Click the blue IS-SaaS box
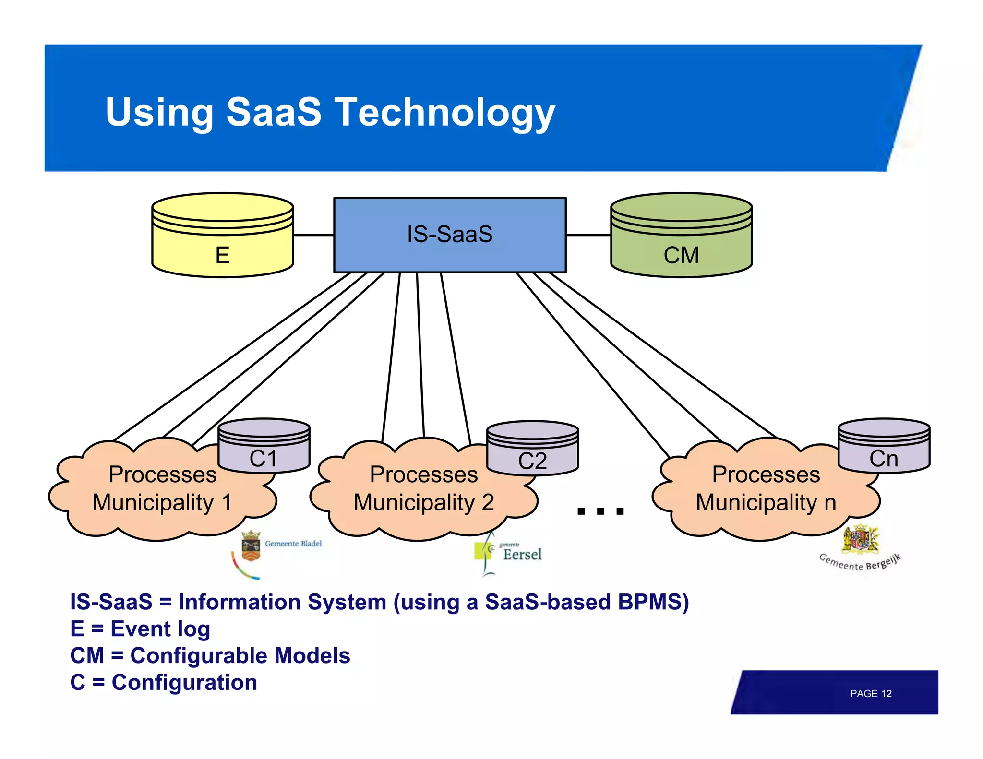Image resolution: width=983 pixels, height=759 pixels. coord(450,235)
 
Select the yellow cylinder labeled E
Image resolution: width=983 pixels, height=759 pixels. coord(222,240)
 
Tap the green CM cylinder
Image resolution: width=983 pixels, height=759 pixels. coord(681,240)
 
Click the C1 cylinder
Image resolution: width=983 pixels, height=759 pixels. coord(264,449)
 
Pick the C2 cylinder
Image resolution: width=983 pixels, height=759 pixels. coord(532,451)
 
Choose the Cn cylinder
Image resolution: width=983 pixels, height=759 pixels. coord(884,449)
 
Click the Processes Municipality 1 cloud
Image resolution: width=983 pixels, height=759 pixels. coord(162,489)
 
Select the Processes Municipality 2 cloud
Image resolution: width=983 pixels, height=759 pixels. coord(423,489)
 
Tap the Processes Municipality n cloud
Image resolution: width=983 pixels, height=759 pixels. coord(766,489)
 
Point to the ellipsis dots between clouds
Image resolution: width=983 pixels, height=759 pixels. coord(600,511)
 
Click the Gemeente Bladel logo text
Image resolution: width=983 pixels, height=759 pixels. coord(293,544)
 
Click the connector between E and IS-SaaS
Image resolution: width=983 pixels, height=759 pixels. coord(313,235)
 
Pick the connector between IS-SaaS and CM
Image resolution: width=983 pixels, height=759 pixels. coord(588,235)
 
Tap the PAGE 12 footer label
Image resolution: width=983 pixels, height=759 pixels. coord(870,694)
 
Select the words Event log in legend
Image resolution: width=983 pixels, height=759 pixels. coord(160,629)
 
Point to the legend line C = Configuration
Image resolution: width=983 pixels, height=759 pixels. coord(164,682)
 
